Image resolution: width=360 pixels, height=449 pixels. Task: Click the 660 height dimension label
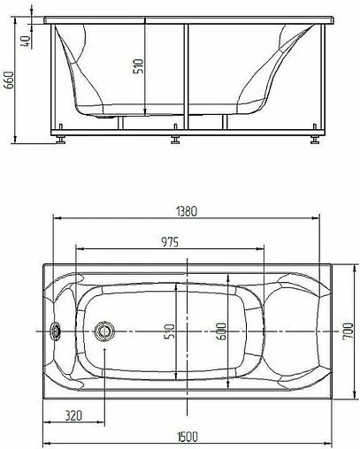pos(10,81)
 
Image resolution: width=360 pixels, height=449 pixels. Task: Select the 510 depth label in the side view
pos(138,69)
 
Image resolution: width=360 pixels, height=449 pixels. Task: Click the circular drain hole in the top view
pos(104,332)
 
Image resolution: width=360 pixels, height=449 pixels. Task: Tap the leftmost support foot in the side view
pos(60,139)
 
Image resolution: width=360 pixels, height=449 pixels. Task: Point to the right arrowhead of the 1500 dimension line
pos(329,444)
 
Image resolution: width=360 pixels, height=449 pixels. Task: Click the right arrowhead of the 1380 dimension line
pos(317,219)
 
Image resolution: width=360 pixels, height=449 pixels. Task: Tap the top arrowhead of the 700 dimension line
pos(341,264)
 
